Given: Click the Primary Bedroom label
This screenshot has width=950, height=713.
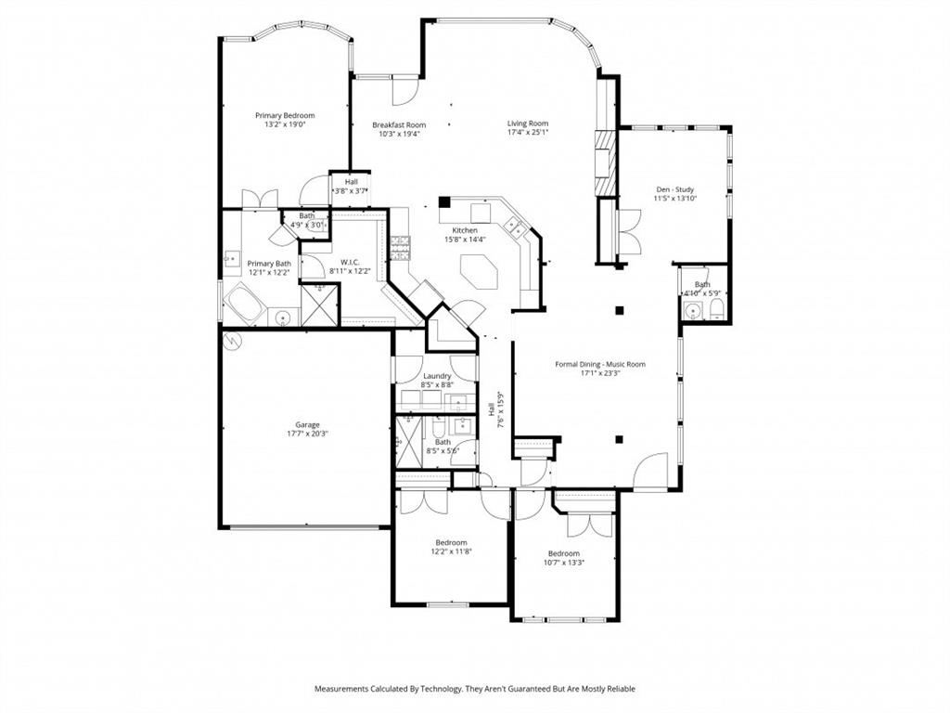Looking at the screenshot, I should (285, 116).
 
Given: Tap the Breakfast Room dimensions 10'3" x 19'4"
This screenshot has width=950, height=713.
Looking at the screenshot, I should (399, 134).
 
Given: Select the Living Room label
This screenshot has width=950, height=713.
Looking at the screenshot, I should (527, 123).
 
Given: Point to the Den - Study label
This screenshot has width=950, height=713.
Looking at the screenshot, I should (674, 189).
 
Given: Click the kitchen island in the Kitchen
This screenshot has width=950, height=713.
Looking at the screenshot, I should (480, 275).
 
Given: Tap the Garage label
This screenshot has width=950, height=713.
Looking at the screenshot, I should (308, 425).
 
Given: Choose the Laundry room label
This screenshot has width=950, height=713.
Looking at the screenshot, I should (436, 376).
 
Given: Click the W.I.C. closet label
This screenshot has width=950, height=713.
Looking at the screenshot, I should (350, 263).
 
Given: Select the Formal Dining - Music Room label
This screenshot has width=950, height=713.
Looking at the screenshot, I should (599, 364).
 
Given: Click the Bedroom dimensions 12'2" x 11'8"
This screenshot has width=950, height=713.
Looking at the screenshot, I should (451, 551).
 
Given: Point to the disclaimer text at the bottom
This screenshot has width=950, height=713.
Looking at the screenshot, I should (474, 689).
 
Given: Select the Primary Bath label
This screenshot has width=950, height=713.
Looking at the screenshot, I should (269, 264).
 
